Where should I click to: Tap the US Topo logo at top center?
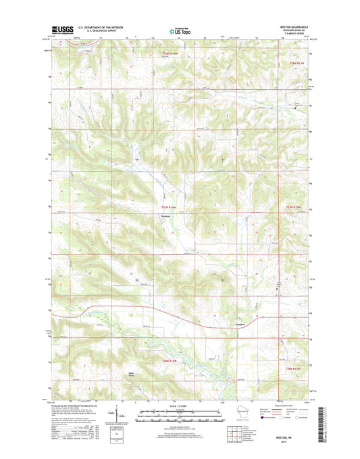point(180,30)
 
